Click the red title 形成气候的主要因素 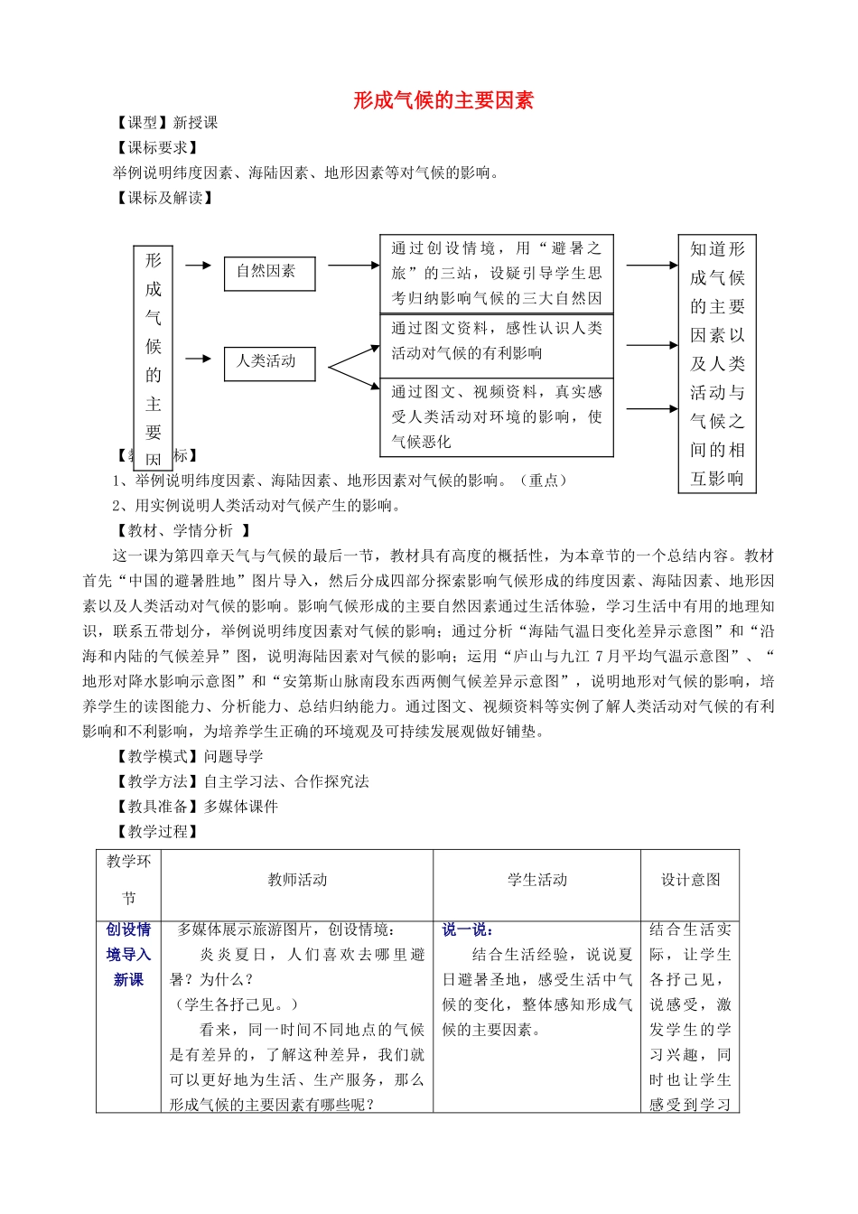[x=443, y=100]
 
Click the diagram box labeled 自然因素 [x=269, y=272]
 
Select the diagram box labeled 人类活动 [x=269, y=362]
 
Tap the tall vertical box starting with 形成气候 [x=154, y=357]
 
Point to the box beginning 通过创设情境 [x=496, y=273]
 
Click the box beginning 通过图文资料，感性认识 [x=496, y=341]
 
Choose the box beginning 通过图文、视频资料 [x=496, y=416]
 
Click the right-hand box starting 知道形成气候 [x=717, y=363]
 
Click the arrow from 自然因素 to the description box [x=353, y=266]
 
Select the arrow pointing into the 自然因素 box [x=198, y=266]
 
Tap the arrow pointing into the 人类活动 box [x=198, y=360]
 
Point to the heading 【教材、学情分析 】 [x=182, y=531]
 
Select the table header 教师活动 [x=297, y=880]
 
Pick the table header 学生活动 [x=537, y=880]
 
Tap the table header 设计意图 [x=691, y=880]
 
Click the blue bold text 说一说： [x=467, y=929]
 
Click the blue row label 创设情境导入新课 [x=128, y=955]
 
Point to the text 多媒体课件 [x=241, y=807]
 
